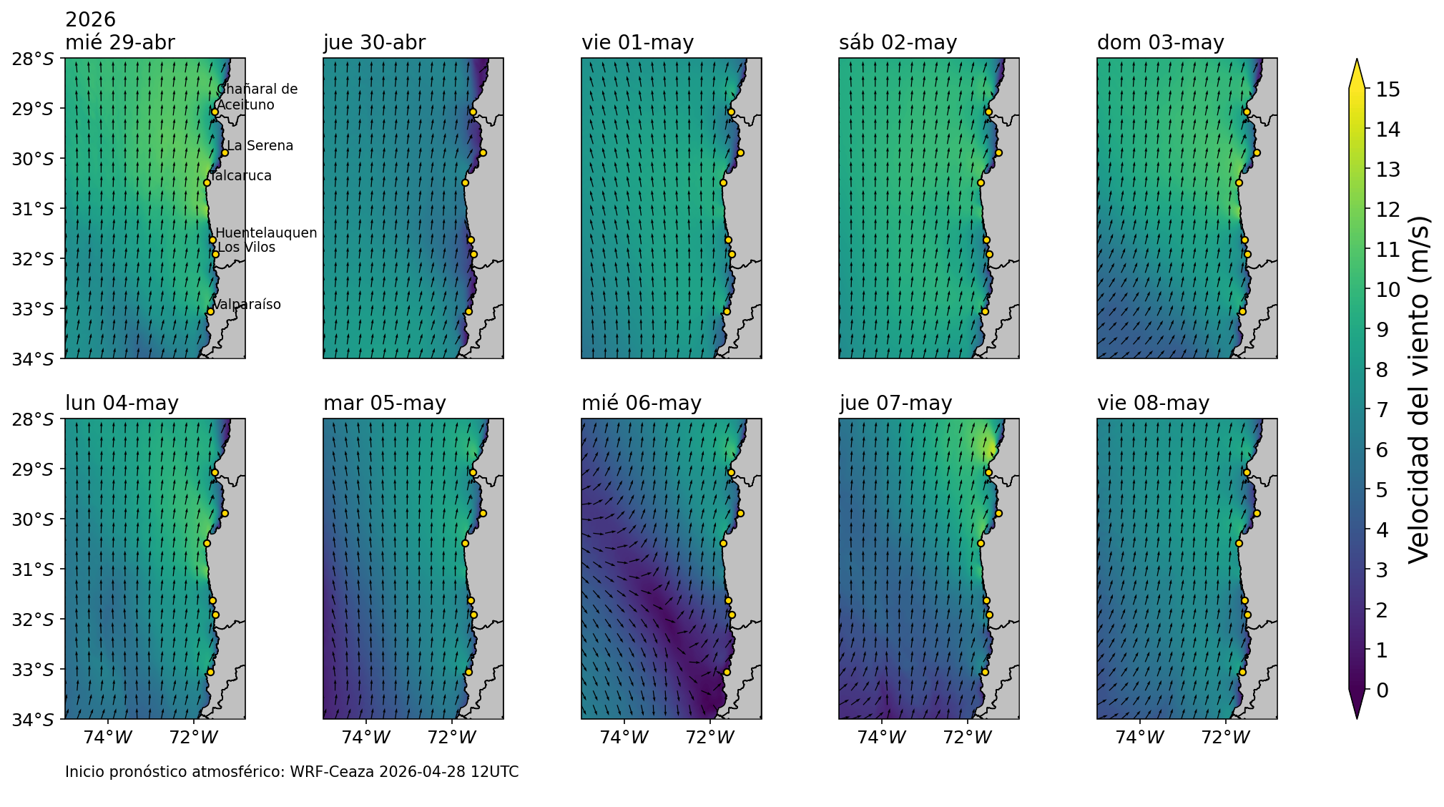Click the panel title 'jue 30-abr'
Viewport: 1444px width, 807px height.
(374, 43)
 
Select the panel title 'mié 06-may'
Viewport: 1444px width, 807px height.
(641, 403)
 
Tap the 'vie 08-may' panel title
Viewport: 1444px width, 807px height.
(1153, 403)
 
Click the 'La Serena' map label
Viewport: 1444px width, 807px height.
(260, 146)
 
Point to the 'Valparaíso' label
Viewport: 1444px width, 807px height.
(247, 305)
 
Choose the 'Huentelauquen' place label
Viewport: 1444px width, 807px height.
(266, 233)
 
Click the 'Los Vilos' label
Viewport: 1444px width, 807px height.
(246, 248)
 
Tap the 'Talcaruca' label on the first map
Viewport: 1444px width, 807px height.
(242, 176)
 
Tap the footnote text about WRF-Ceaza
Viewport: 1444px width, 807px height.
(292, 772)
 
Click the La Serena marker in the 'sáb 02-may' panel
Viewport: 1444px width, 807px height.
(998, 152)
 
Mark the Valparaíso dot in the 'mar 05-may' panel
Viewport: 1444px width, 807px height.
(468, 672)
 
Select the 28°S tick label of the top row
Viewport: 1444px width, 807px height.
(33, 59)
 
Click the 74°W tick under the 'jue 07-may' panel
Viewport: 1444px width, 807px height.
(881, 738)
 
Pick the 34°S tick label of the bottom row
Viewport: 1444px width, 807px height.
(33, 720)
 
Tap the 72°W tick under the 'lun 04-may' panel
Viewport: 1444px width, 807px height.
(194, 738)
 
